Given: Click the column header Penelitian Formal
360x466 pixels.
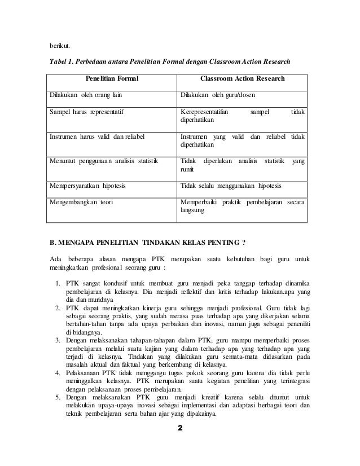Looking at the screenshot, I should click(x=112, y=78).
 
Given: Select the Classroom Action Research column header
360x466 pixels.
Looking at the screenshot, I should click(x=243, y=78).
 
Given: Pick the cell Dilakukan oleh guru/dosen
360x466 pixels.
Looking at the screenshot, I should click(x=210, y=95).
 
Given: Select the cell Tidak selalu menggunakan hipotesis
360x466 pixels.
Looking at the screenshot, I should click(x=231, y=185).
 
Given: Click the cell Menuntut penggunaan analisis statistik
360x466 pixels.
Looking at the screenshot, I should click(x=103, y=161).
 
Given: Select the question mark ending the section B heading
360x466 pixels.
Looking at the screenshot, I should click(x=243, y=244).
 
